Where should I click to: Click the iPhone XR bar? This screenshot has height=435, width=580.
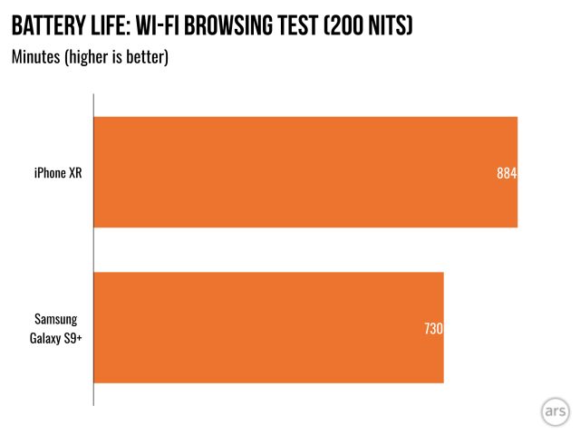305,172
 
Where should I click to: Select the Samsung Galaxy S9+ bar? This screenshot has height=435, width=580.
268,327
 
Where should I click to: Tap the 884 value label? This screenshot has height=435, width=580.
507,173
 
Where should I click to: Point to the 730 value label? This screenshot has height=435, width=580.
433,328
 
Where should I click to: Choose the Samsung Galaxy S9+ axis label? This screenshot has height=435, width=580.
57,327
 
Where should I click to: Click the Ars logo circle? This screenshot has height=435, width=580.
556,410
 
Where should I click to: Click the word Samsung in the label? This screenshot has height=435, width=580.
57,319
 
